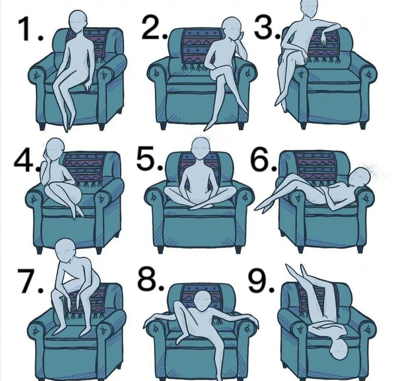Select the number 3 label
(267, 27)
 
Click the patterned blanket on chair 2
(201, 47)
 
